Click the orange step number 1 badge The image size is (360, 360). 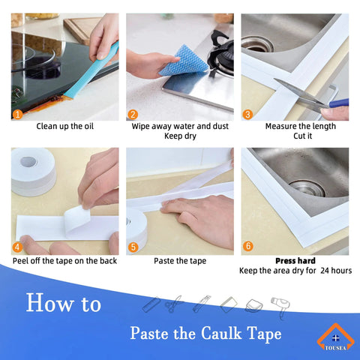coord(18,115)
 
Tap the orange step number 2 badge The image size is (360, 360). coord(133,115)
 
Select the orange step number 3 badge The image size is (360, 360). coord(248,115)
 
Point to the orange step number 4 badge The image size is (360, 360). coord(18,247)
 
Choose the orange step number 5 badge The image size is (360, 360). coord(133,247)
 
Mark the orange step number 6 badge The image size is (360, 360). coord(248,247)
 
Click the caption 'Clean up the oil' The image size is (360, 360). coord(65,126)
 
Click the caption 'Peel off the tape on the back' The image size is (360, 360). coord(65,261)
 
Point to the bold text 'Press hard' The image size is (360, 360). coord(295,261)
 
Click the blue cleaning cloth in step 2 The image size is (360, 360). coord(183,59)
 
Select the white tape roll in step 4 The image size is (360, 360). coord(34,170)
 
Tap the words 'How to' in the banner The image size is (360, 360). coord(64,304)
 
